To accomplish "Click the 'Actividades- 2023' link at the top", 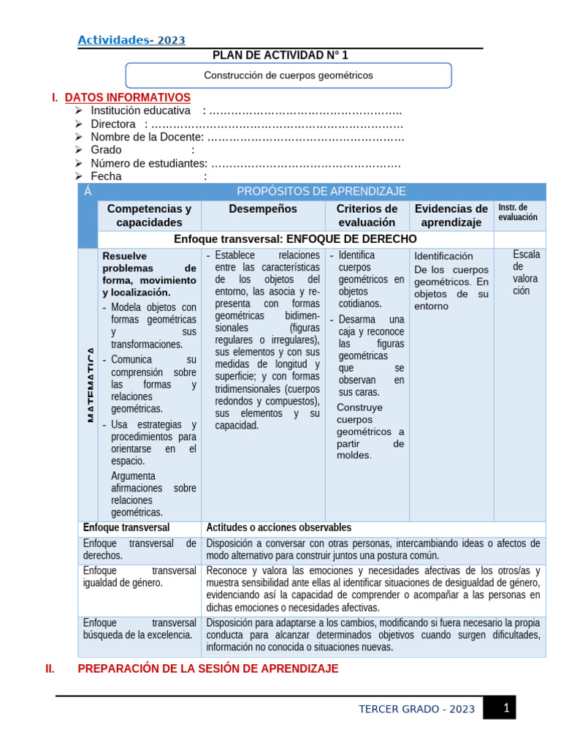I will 131,40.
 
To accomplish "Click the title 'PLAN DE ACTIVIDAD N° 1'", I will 275,56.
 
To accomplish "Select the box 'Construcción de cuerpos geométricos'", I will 288,75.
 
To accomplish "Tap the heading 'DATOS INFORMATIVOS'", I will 128,97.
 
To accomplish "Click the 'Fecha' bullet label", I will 107,176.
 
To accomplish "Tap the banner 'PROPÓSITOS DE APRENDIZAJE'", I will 321,192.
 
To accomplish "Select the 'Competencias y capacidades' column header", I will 149,215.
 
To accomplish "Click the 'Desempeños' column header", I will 263,209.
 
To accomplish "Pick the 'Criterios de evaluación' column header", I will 367,215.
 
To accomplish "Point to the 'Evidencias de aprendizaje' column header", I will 451,215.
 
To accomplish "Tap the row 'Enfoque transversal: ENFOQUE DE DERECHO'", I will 295,239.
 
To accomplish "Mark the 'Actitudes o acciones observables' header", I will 278,527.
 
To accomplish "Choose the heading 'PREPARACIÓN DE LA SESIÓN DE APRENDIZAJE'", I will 207,669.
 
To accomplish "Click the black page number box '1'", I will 504,708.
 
